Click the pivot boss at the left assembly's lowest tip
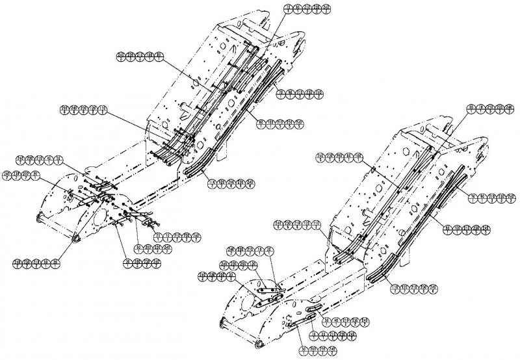pyautogui.click(x=76, y=242)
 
